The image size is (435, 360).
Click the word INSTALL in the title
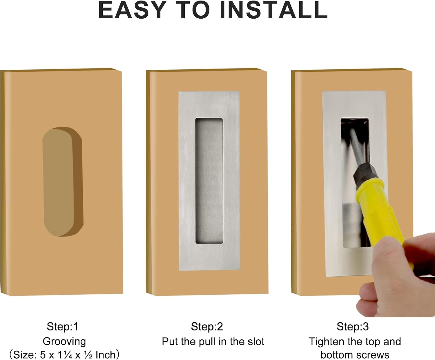click(273, 10)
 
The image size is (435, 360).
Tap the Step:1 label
click(63, 327)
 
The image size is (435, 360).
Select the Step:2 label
click(207, 327)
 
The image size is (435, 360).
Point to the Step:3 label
click(353, 327)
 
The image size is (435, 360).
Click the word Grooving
click(64, 342)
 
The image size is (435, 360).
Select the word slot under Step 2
click(256, 342)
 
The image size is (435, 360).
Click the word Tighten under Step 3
click(327, 342)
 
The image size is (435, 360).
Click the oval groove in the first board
click(63, 181)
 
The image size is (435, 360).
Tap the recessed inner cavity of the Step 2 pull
click(209, 181)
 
